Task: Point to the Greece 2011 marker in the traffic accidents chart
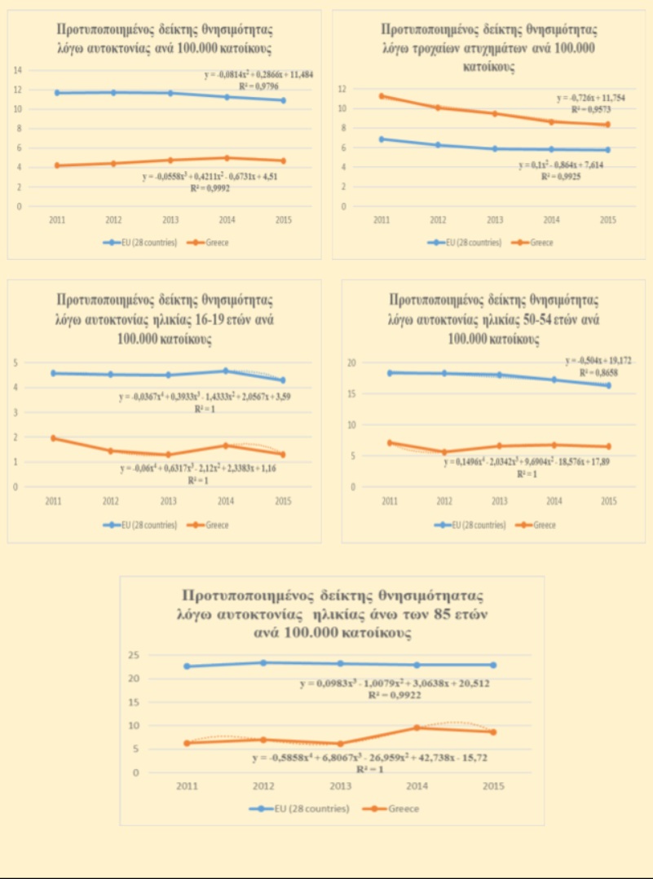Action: click(381, 95)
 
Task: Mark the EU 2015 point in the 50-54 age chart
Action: click(608, 385)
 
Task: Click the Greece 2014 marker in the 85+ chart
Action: click(416, 727)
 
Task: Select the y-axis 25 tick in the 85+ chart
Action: click(135, 656)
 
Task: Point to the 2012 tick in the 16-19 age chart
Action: click(109, 501)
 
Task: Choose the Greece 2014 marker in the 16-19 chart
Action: click(226, 446)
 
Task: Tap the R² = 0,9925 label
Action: click(561, 175)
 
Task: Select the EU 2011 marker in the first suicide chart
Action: click(56, 93)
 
